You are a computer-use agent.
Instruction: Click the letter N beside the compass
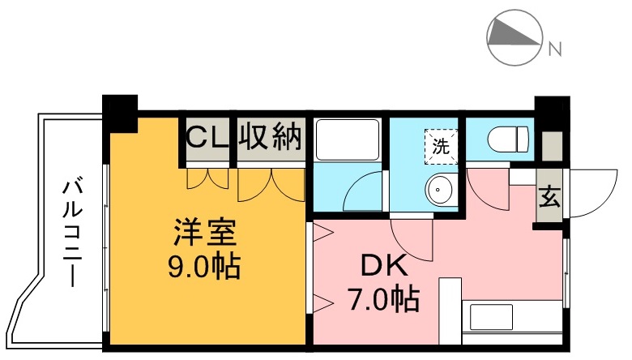click(x=555, y=49)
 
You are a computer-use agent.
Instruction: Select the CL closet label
click(x=207, y=136)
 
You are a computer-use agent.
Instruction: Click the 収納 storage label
click(x=270, y=136)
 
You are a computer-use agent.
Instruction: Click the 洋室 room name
click(x=203, y=234)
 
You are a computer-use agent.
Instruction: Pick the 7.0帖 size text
click(x=384, y=301)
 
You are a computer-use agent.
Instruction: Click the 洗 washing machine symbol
click(x=441, y=147)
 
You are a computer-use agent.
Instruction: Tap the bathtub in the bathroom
click(x=349, y=139)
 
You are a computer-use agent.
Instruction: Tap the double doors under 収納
click(x=271, y=185)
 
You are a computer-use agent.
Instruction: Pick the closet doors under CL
click(x=207, y=178)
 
